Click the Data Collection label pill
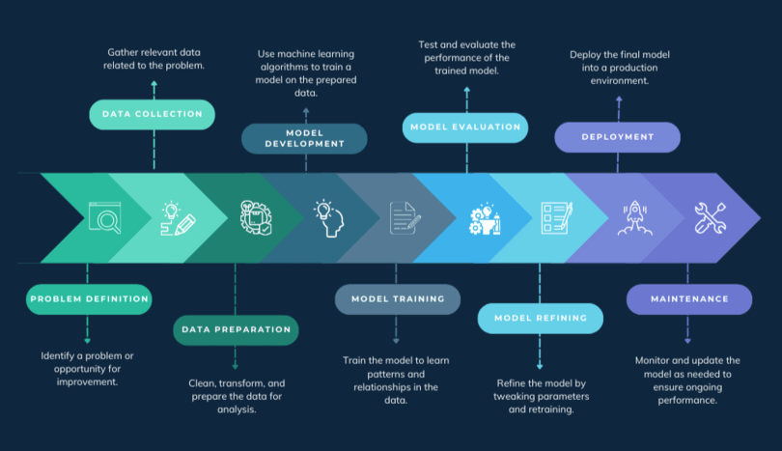coord(153,114)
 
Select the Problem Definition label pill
coord(89,299)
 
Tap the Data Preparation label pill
coord(236,329)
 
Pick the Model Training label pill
coord(397,299)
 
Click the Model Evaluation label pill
coord(465,127)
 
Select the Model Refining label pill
coord(540,318)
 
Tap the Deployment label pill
coord(617,137)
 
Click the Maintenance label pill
coord(688,299)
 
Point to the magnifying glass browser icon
coord(103,217)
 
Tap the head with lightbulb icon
coord(327,217)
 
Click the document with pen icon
coord(405,217)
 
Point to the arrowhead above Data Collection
coord(154,84)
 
